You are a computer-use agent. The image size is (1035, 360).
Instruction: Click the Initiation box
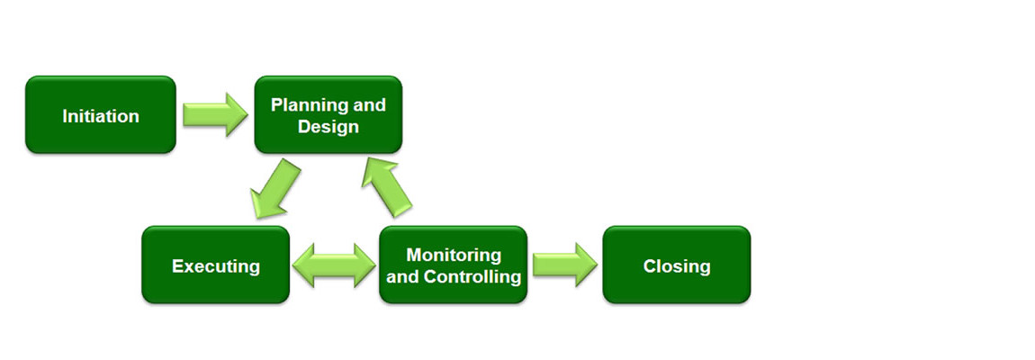tap(100, 115)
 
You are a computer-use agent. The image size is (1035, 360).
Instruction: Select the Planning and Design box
tap(328, 115)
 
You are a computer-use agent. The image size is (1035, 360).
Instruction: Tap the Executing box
tap(215, 265)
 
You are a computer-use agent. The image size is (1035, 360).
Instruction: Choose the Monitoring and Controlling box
tap(453, 265)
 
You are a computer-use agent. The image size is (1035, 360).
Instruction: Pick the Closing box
tap(677, 265)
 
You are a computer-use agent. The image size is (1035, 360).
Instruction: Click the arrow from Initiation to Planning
tap(215, 115)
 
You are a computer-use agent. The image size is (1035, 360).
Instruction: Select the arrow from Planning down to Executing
tap(274, 189)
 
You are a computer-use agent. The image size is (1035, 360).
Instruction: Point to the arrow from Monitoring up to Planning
tap(387, 187)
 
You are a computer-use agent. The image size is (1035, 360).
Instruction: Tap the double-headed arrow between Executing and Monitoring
tap(334, 265)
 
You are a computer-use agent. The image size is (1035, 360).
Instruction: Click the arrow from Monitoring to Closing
tap(565, 265)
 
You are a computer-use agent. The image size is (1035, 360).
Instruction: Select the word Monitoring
tap(454, 255)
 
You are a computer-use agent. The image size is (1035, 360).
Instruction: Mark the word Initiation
tap(100, 116)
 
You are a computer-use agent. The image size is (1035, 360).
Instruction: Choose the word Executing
tap(215, 266)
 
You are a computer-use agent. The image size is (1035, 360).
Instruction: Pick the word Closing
tap(677, 266)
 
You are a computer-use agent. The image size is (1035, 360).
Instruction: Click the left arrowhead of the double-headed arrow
tap(303, 265)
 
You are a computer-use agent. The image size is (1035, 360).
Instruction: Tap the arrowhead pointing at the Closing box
tap(586, 265)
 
